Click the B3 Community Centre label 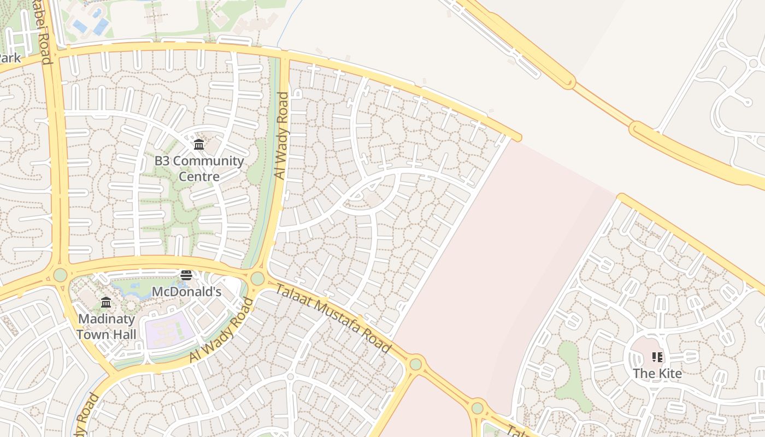[199, 168]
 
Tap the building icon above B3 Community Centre [199, 145]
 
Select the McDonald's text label [186, 292]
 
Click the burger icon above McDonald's [186, 275]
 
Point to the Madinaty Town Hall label [106, 326]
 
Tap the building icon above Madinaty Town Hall [106, 302]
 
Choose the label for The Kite [657, 374]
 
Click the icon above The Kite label [657, 357]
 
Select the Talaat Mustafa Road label [333, 319]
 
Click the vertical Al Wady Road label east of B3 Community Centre [281, 136]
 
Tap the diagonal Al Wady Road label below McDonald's [222, 330]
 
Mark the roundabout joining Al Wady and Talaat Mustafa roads [257, 279]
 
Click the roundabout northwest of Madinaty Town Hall [60, 274]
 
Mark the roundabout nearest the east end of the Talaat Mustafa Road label [416, 363]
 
